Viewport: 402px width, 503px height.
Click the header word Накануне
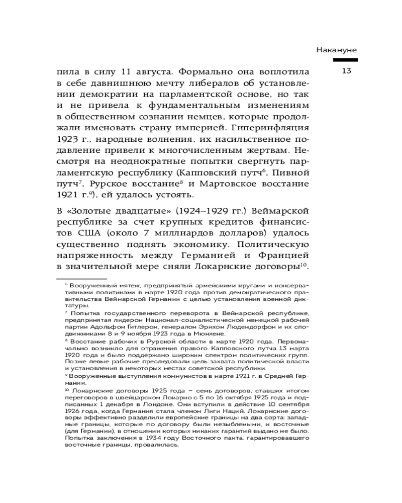point(337,50)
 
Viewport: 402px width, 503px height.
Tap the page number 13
point(346,71)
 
